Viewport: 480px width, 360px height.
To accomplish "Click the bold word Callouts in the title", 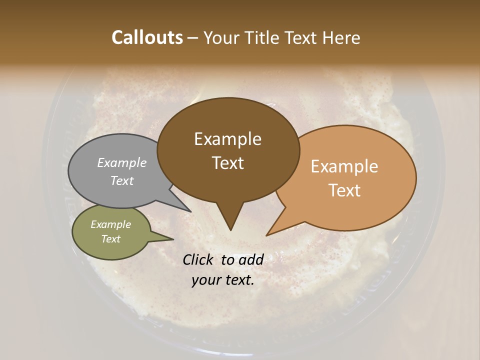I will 147,37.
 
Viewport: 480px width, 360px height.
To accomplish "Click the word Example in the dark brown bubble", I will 227,139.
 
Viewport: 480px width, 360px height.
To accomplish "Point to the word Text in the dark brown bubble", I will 228,163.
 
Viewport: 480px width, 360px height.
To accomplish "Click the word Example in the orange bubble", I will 344,166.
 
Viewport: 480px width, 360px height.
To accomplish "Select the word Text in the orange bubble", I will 345,190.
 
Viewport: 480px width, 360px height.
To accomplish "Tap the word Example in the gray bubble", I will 122,163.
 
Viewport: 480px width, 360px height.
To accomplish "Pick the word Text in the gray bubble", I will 122,181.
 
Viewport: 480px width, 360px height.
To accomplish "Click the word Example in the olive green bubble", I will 110,224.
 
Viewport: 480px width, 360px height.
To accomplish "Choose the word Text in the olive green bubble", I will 111,239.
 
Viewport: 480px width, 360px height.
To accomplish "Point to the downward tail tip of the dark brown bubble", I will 230,230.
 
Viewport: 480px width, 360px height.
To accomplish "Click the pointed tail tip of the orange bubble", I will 267,235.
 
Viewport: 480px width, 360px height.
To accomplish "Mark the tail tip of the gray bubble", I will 190,211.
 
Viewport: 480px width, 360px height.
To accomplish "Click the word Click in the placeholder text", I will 198,259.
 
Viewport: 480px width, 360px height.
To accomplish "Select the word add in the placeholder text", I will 251,259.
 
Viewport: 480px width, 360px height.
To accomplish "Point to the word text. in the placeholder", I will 238,280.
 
